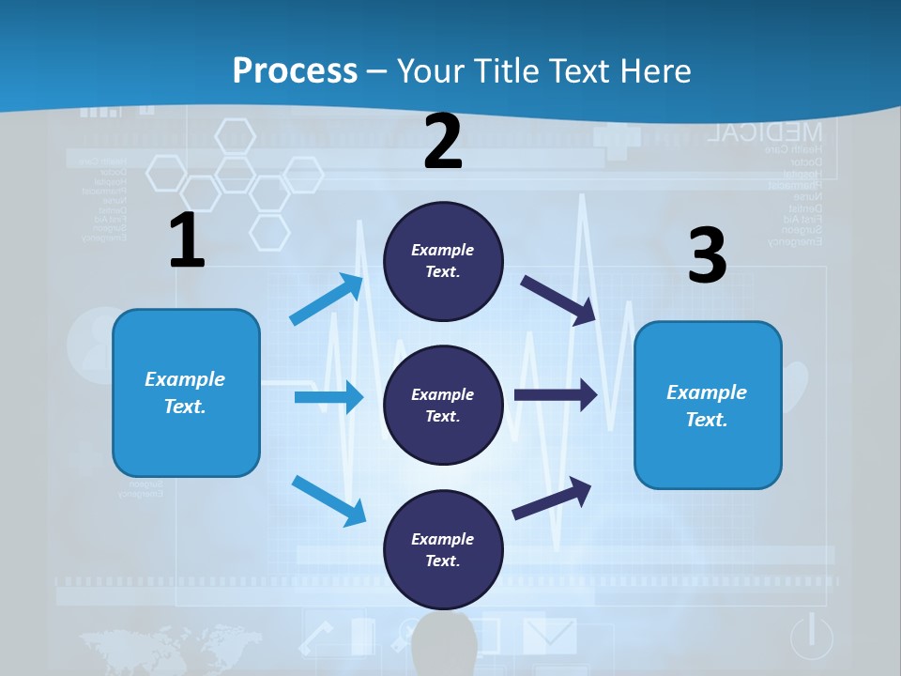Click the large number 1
[187, 240]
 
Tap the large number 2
[443, 142]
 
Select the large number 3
[707, 256]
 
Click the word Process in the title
[295, 70]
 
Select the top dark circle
[443, 261]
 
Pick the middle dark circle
[443, 405]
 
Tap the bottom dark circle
[443, 549]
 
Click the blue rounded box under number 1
[186, 392]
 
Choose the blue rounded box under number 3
[708, 405]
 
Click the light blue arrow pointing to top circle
[327, 300]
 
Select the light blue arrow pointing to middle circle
[328, 397]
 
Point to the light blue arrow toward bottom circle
[328, 499]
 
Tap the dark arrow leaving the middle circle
[556, 395]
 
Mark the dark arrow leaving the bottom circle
[552, 498]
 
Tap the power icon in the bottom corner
[812, 637]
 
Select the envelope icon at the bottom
[549, 635]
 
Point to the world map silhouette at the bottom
[169, 648]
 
